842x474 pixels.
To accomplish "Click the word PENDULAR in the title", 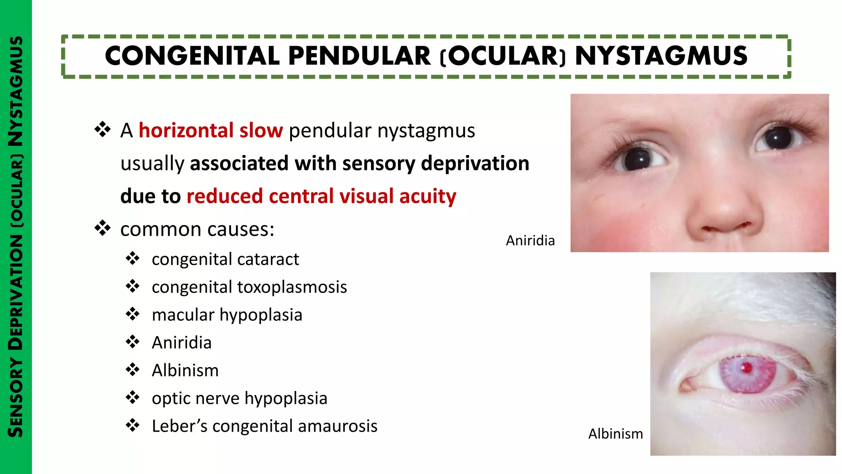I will click(x=359, y=56).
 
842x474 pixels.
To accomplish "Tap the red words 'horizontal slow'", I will click(x=210, y=130).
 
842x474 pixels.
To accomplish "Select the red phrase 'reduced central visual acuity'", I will click(x=321, y=196).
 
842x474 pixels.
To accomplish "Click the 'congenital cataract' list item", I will click(x=225, y=259).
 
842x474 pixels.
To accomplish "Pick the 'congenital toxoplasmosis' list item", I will click(x=249, y=287).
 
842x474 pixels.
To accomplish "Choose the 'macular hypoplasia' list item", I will click(x=227, y=315).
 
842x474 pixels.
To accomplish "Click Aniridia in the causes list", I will click(x=182, y=343).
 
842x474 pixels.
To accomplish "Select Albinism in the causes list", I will click(x=185, y=370).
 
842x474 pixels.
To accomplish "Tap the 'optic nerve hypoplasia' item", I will click(x=239, y=398).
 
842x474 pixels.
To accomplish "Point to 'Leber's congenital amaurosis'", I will click(x=264, y=426).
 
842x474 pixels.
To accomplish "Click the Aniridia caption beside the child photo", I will click(x=530, y=240).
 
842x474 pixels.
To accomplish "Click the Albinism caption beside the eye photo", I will click(x=615, y=434).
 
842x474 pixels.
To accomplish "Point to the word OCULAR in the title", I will click(x=502, y=56).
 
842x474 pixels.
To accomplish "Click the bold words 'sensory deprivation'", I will click(x=435, y=163).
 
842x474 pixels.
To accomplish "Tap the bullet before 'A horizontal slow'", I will click(x=102, y=130).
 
